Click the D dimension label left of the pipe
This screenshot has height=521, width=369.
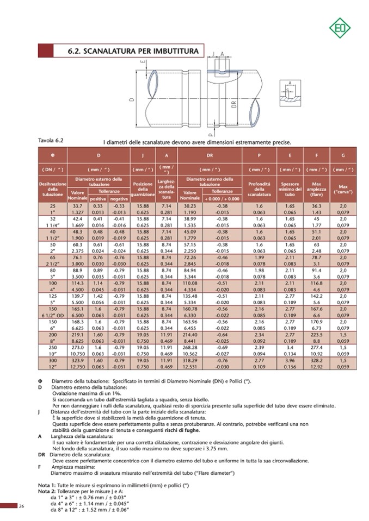pos(132,100)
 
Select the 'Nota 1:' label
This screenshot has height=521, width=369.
pos(47,484)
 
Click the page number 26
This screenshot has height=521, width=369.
pos(21,506)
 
